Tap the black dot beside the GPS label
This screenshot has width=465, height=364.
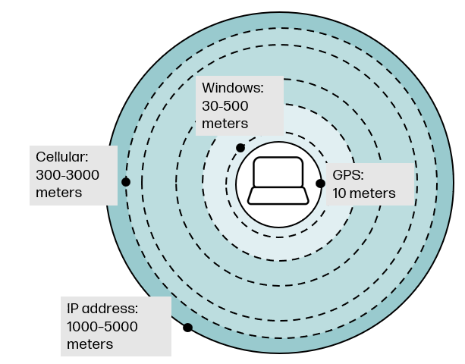point(320,184)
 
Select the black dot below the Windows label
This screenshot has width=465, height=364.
point(240,147)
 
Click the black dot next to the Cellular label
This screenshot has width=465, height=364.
point(126,182)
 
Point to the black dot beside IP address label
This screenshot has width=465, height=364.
point(187,328)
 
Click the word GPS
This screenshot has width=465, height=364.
point(347,175)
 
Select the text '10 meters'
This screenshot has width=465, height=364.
point(363,193)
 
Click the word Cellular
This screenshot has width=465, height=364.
point(62,158)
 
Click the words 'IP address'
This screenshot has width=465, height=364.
point(102,309)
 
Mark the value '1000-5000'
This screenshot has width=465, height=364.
point(102,326)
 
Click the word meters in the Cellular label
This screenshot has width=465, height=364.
point(58,193)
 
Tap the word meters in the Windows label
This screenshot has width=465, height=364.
point(225,124)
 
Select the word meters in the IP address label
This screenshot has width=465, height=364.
point(90,344)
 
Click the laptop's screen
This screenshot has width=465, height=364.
point(278,173)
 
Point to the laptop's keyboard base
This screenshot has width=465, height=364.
point(278,196)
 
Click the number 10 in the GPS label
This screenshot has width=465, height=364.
point(340,193)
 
